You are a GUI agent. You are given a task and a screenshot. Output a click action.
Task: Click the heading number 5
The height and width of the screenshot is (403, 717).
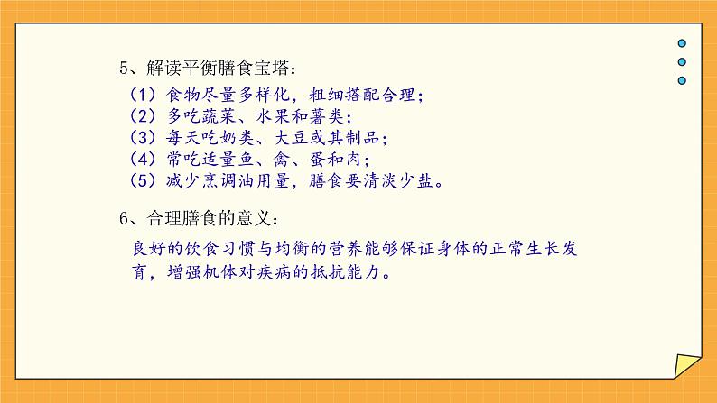(x=125, y=69)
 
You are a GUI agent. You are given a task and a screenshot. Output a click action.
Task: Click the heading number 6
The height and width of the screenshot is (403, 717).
(x=125, y=219)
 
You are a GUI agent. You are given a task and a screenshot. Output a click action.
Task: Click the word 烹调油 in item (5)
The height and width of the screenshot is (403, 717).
(x=233, y=183)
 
